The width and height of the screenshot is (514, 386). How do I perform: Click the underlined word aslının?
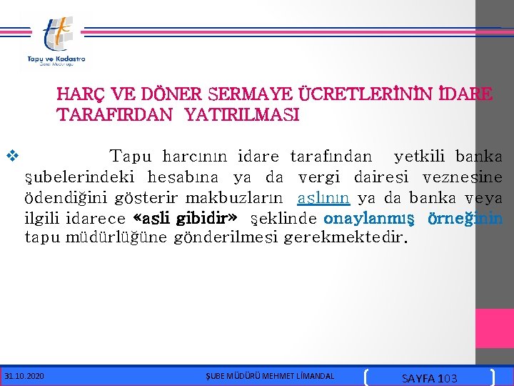[x=323, y=197]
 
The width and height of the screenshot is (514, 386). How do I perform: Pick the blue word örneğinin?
[x=468, y=217]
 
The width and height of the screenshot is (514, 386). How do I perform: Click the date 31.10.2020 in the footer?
[x=24, y=375]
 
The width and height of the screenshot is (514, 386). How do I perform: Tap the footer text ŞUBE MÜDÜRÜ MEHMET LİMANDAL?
[x=269, y=375]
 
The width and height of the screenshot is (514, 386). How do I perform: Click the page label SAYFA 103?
[x=430, y=377]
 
